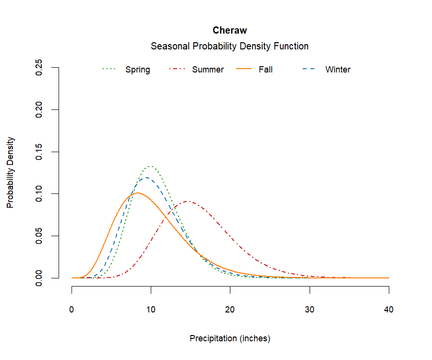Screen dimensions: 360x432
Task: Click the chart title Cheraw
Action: (x=229, y=31)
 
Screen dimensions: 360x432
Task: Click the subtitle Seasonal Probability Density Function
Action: (x=229, y=47)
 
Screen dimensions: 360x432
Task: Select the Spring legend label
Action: (x=137, y=70)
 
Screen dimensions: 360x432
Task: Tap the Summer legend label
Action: (x=208, y=70)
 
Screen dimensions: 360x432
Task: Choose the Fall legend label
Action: (x=265, y=70)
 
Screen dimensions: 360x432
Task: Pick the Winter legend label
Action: (x=338, y=70)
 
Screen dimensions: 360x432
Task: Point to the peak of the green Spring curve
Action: (x=151, y=167)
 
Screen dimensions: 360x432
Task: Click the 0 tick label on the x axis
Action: (x=72, y=310)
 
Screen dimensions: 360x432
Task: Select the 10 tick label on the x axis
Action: (x=151, y=310)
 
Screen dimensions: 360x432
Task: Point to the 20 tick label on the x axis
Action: (x=230, y=310)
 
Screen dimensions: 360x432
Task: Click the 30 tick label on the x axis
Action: (x=310, y=310)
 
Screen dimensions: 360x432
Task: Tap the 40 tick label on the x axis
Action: (x=389, y=310)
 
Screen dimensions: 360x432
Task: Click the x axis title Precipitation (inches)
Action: (x=230, y=338)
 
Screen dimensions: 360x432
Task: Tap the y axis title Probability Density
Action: (x=11, y=173)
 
